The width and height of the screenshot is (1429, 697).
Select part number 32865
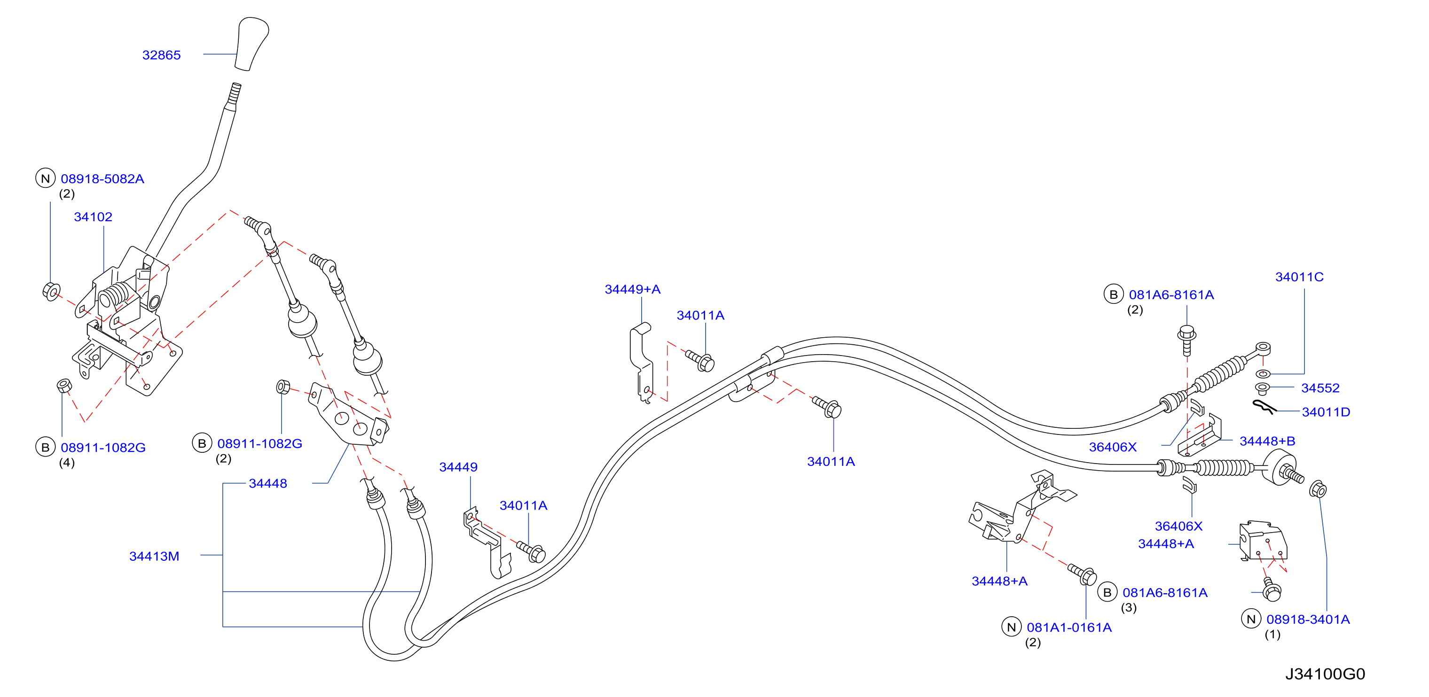(x=161, y=55)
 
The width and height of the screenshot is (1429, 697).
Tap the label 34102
(x=93, y=217)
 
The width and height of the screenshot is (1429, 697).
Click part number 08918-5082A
(x=102, y=178)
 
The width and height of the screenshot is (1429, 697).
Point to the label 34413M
(x=154, y=556)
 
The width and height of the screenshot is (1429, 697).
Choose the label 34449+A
(x=632, y=289)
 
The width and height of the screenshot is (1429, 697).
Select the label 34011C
(x=1299, y=277)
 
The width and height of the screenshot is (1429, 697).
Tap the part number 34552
(x=1320, y=388)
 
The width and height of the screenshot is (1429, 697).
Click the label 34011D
(x=1326, y=412)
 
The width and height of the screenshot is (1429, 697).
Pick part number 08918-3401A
(x=1308, y=620)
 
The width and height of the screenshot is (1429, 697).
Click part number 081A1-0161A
(x=1069, y=627)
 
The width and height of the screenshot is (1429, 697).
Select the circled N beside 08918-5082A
(x=46, y=178)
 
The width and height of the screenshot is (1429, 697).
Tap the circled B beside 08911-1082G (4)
(x=46, y=448)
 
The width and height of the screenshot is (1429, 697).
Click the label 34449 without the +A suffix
(x=458, y=467)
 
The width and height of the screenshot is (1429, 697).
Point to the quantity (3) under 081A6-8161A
(x=1128, y=607)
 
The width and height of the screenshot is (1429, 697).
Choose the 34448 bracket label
(x=268, y=483)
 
